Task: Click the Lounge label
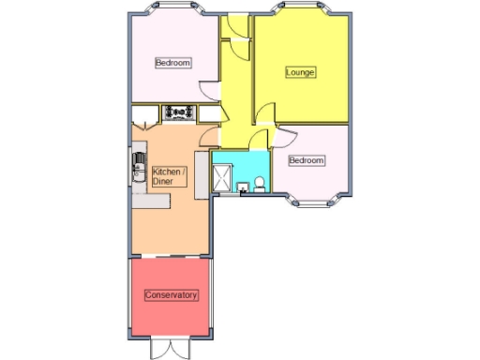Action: [300, 72]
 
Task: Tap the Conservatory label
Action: [172, 294]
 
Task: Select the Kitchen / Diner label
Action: [170, 175]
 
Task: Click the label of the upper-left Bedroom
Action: [172, 63]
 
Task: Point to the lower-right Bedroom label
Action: [306, 160]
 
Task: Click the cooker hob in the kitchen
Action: [178, 112]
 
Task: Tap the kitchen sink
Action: [137, 169]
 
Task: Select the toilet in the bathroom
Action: [260, 183]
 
